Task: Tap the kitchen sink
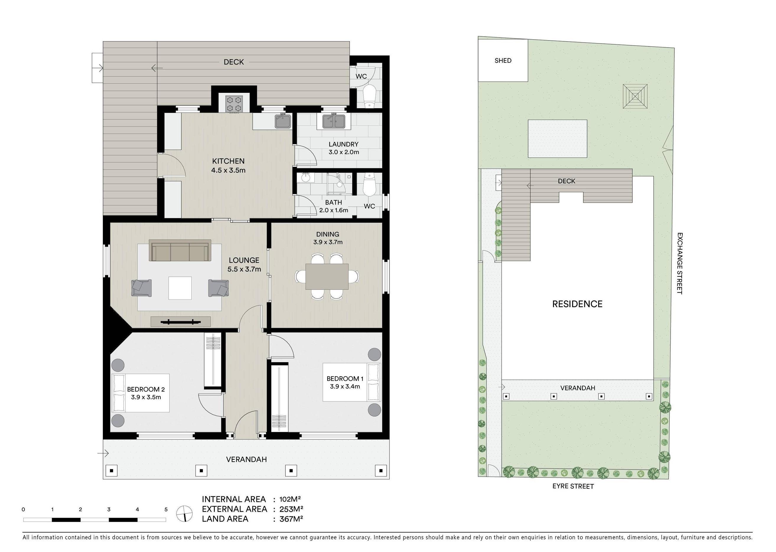coord(283,121)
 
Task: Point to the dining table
coord(327,276)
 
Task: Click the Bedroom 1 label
coord(345,378)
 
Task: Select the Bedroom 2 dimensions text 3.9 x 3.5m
coord(146,397)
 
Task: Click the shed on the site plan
coord(503,61)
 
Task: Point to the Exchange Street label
coord(679,263)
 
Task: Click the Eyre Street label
coord(573,486)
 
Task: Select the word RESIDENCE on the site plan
coord(577,304)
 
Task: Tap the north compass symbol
coord(184,514)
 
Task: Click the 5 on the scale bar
coord(166,509)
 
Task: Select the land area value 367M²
coord(291,519)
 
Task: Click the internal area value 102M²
coord(290,499)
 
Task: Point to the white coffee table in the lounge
coord(180,288)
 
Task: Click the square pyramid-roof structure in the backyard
coord(635,96)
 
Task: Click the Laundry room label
coord(343,144)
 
